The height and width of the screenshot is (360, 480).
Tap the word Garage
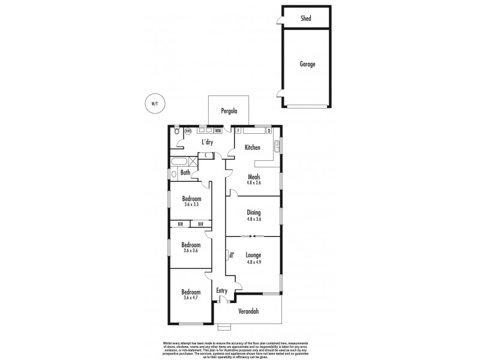click(x=307, y=64)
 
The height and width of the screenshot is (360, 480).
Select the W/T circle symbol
click(x=154, y=103)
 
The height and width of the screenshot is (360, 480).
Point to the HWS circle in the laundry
click(x=188, y=131)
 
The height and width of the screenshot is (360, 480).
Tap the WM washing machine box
click(x=218, y=130)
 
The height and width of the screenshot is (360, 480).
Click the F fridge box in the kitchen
click(x=238, y=130)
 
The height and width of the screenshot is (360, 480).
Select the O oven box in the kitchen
click(x=269, y=130)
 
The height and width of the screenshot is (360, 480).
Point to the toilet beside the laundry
click(x=176, y=131)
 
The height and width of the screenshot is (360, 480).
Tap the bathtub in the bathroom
click(x=179, y=161)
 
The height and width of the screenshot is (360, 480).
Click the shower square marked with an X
click(x=193, y=161)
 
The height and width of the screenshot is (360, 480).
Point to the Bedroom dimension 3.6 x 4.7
click(x=191, y=298)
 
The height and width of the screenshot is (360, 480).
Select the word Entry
click(x=222, y=291)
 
